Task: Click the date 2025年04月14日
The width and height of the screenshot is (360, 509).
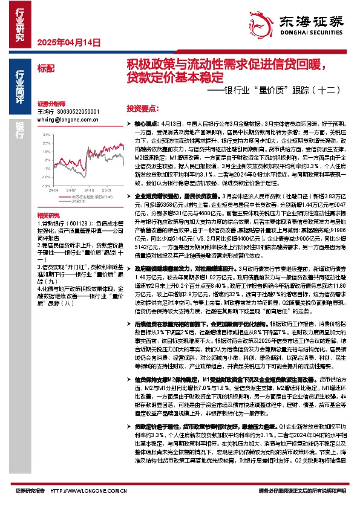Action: pos(59,43)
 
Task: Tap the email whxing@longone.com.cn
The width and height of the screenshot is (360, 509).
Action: pos(59,119)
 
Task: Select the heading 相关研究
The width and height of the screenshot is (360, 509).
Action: pos(48,198)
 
